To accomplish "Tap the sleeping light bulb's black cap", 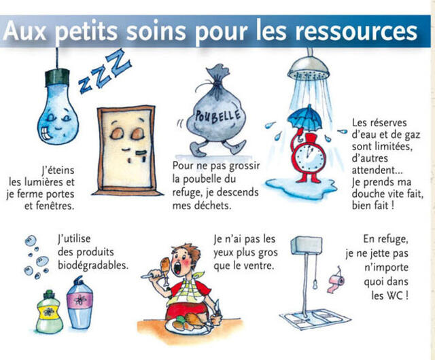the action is tap(57, 77).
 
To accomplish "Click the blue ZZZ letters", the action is tap(104, 71).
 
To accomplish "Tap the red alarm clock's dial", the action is tap(310, 158).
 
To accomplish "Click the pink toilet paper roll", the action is tap(336, 283).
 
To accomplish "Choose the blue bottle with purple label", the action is tap(80, 303).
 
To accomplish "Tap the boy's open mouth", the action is tap(177, 268).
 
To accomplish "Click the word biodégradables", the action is tap(93, 266).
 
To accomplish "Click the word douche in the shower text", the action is tap(368, 194).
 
